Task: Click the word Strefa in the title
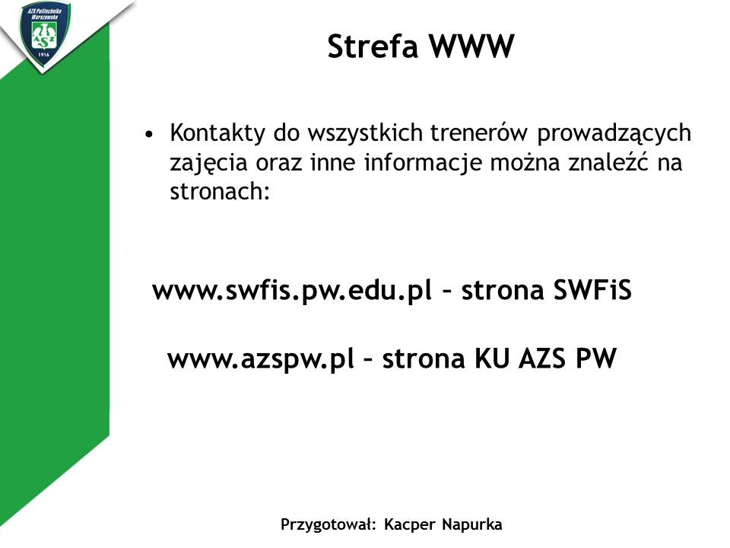pos(373,46)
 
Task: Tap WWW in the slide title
pos(471,46)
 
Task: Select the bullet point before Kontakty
pos(149,135)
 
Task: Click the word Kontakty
pos(217,132)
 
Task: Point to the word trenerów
pos(478,132)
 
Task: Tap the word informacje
pos(422,163)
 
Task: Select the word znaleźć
pos(608,161)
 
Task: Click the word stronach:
pos(220,191)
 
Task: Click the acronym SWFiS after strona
pos(592,290)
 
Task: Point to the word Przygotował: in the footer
pos(328,524)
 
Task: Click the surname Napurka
pos(472,524)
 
